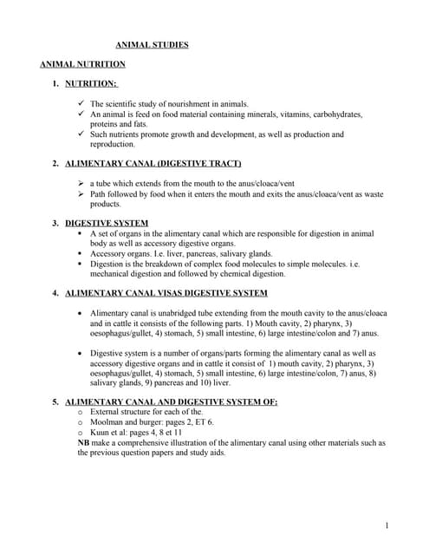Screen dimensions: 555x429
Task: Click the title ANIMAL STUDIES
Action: pyautogui.click(x=152, y=44)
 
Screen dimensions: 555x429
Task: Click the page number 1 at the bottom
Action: pyautogui.click(x=386, y=525)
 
